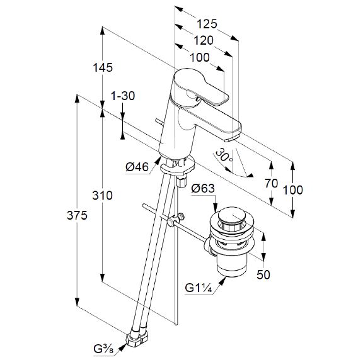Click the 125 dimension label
click(x=207, y=24)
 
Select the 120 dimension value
click(x=204, y=40)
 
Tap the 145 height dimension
click(x=103, y=67)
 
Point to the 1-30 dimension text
click(x=123, y=96)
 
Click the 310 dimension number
click(x=102, y=195)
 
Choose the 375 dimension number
click(x=77, y=215)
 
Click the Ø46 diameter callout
click(x=137, y=167)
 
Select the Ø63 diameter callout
click(x=203, y=188)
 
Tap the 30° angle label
click(x=224, y=155)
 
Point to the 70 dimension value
click(x=272, y=183)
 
